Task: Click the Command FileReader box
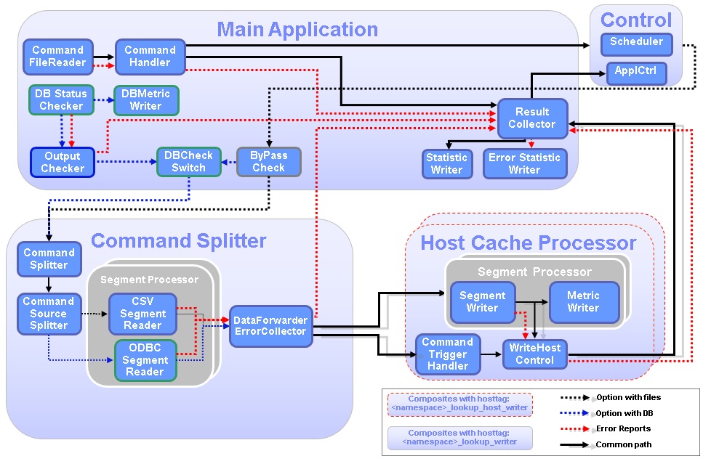click(x=57, y=56)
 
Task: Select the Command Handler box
click(x=150, y=56)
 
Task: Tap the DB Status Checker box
click(x=60, y=99)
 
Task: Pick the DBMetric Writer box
click(x=145, y=99)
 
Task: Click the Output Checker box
click(x=63, y=162)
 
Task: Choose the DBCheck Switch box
click(x=188, y=161)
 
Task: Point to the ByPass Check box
click(x=268, y=161)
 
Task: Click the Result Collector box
click(x=531, y=118)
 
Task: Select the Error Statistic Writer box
click(x=524, y=163)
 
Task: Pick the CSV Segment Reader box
click(x=142, y=313)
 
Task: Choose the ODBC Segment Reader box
click(x=145, y=359)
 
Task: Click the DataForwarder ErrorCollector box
click(x=270, y=325)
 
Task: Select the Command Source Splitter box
click(x=49, y=313)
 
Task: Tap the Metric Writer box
click(x=583, y=301)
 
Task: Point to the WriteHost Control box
click(x=534, y=354)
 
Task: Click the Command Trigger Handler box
click(x=447, y=354)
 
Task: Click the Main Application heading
click(x=297, y=30)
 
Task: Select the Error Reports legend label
click(x=623, y=428)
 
